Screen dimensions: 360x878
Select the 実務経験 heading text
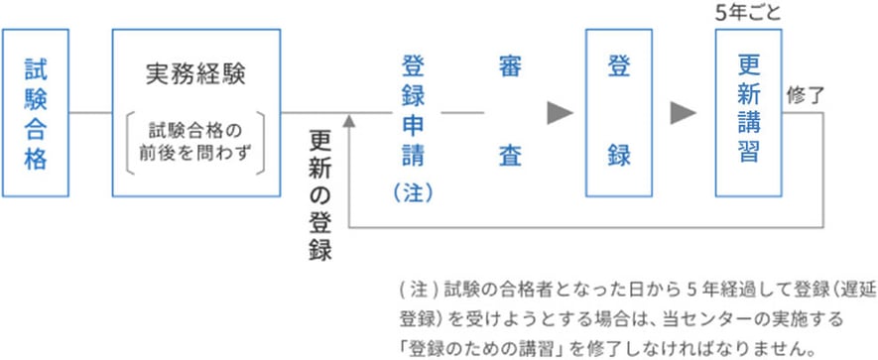[x=194, y=74]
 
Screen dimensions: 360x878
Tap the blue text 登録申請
[x=413, y=112]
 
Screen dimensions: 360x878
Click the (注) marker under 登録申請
[x=413, y=191]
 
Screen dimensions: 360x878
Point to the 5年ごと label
[x=749, y=13]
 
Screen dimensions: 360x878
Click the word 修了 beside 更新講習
[x=806, y=96]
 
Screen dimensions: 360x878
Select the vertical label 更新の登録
[x=319, y=194]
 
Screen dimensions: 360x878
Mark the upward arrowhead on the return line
[x=347, y=120]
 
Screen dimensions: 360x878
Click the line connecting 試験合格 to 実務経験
[x=90, y=112]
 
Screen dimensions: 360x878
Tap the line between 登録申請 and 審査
[x=461, y=112]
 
